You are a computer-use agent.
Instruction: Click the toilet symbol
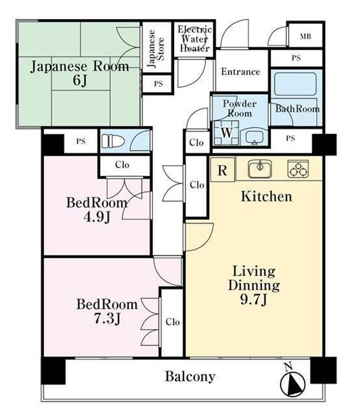tap(113, 141)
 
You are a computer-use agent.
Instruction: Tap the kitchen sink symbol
tap(260, 169)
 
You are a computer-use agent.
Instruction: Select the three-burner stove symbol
tap(298, 168)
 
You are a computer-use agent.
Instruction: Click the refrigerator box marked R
tap(223, 169)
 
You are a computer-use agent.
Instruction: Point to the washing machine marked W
tap(227, 133)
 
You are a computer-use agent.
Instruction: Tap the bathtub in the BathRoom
tap(295, 84)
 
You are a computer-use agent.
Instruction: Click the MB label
tap(305, 36)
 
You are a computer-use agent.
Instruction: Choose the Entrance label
tap(241, 71)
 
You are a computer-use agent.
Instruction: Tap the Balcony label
tap(190, 377)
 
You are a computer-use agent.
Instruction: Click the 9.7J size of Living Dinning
tap(253, 299)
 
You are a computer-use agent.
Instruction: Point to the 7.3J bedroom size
tap(107, 319)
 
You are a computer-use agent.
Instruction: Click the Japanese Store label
tap(156, 48)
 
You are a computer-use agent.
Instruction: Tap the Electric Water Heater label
tap(194, 39)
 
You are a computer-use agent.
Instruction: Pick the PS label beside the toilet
tap(81, 141)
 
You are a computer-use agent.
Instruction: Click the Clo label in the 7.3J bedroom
tap(172, 322)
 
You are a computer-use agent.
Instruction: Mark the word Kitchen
tap(266, 197)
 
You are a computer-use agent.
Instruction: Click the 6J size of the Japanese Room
tap(80, 81)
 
